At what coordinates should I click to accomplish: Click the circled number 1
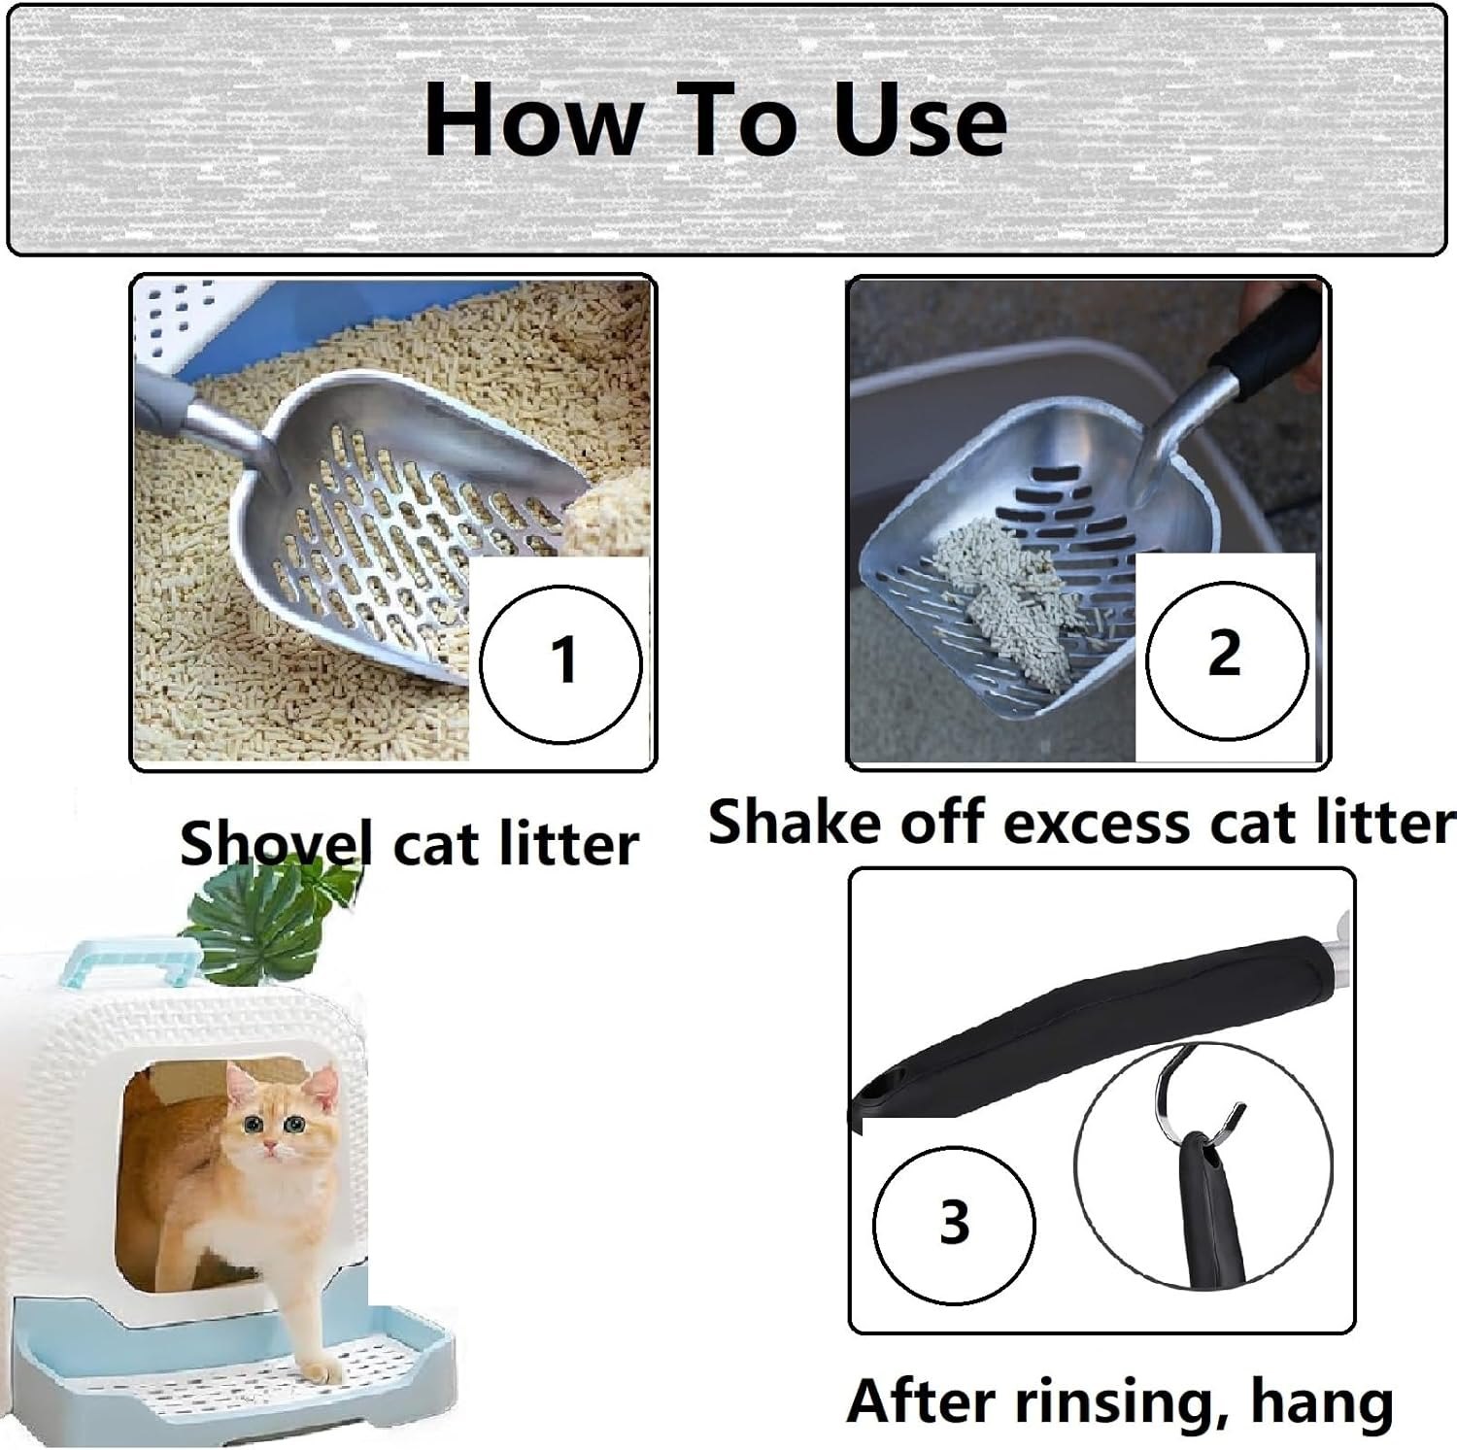(x=561, y=663)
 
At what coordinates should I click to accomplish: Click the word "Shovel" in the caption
(x=276, y=843)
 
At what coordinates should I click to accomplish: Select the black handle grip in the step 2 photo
(x=1263, y=340)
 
